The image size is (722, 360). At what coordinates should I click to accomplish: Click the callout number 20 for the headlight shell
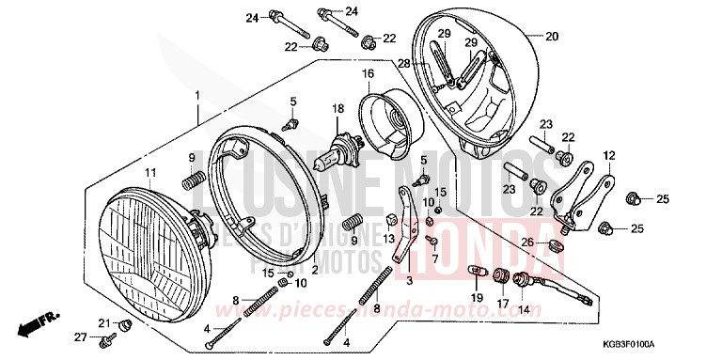(x=552, y=37)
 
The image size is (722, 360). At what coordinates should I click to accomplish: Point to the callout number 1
(x=198, y=96)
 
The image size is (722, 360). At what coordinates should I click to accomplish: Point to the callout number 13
(x=389, y=240)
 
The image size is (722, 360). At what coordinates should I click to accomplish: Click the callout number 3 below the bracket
(x=408, y=280)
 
